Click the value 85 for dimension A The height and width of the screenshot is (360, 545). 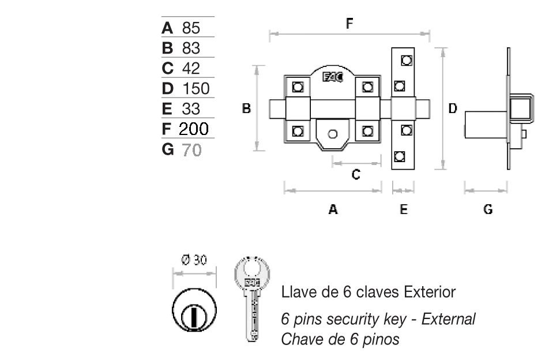point(191,28)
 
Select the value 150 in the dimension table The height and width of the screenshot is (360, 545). point(196,88)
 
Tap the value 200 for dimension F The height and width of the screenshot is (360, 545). point(193,128)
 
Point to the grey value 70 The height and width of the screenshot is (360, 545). point(192,150)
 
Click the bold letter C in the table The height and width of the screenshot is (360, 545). point(168,68)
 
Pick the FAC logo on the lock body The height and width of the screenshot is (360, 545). point(333,77)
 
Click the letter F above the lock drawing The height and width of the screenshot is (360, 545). point(349,24)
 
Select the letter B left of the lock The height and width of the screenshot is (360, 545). point(246,108)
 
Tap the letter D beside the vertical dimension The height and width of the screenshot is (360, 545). point(453,108)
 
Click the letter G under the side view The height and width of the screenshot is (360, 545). point(488,210)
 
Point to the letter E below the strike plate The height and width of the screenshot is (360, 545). point(403,210)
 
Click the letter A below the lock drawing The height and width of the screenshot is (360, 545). point(333,210)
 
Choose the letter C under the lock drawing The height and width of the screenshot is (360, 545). point(356,174)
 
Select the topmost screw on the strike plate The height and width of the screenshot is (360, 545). point(406,60)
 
